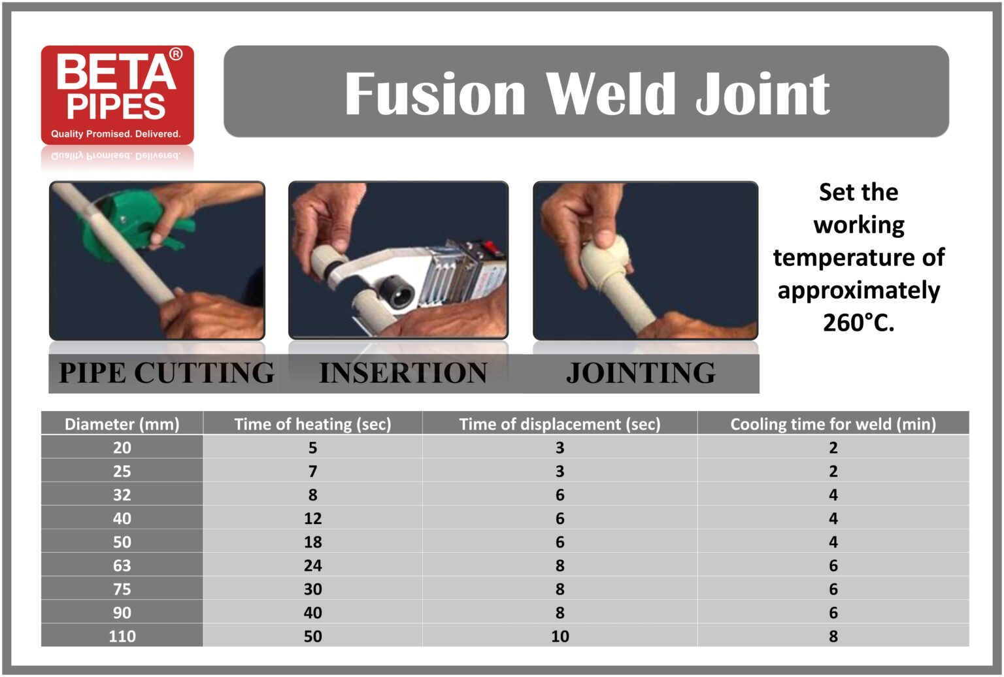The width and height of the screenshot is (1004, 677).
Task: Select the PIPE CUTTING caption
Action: [x=167, y=373]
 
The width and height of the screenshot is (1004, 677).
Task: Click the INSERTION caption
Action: [x=403, y=373]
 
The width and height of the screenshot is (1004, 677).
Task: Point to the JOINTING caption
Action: [x=641, y=373]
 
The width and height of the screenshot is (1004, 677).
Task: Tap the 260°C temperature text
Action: [x=858, y=323]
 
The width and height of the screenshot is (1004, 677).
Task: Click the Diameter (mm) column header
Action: [x=122, y=424]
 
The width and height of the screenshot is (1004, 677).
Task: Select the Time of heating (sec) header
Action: [x=312, y=424]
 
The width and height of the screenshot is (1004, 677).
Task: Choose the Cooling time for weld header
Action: [x=833, y=424]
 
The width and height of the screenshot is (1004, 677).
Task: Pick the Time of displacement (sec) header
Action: [x=560, y=424]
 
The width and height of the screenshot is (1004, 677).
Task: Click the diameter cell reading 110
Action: [x=122, y=636]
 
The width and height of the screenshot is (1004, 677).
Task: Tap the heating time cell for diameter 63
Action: [x=312, y=565]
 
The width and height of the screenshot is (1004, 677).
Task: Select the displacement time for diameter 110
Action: [x=560, y=636]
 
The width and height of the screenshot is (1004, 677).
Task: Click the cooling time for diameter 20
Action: [x=833, y=448]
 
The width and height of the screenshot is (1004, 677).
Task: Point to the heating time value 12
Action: [x=312, y=518]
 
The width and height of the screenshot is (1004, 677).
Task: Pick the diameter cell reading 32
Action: [x=122, y=495]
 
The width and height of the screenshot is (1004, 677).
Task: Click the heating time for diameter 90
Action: [x=312, y=612]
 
